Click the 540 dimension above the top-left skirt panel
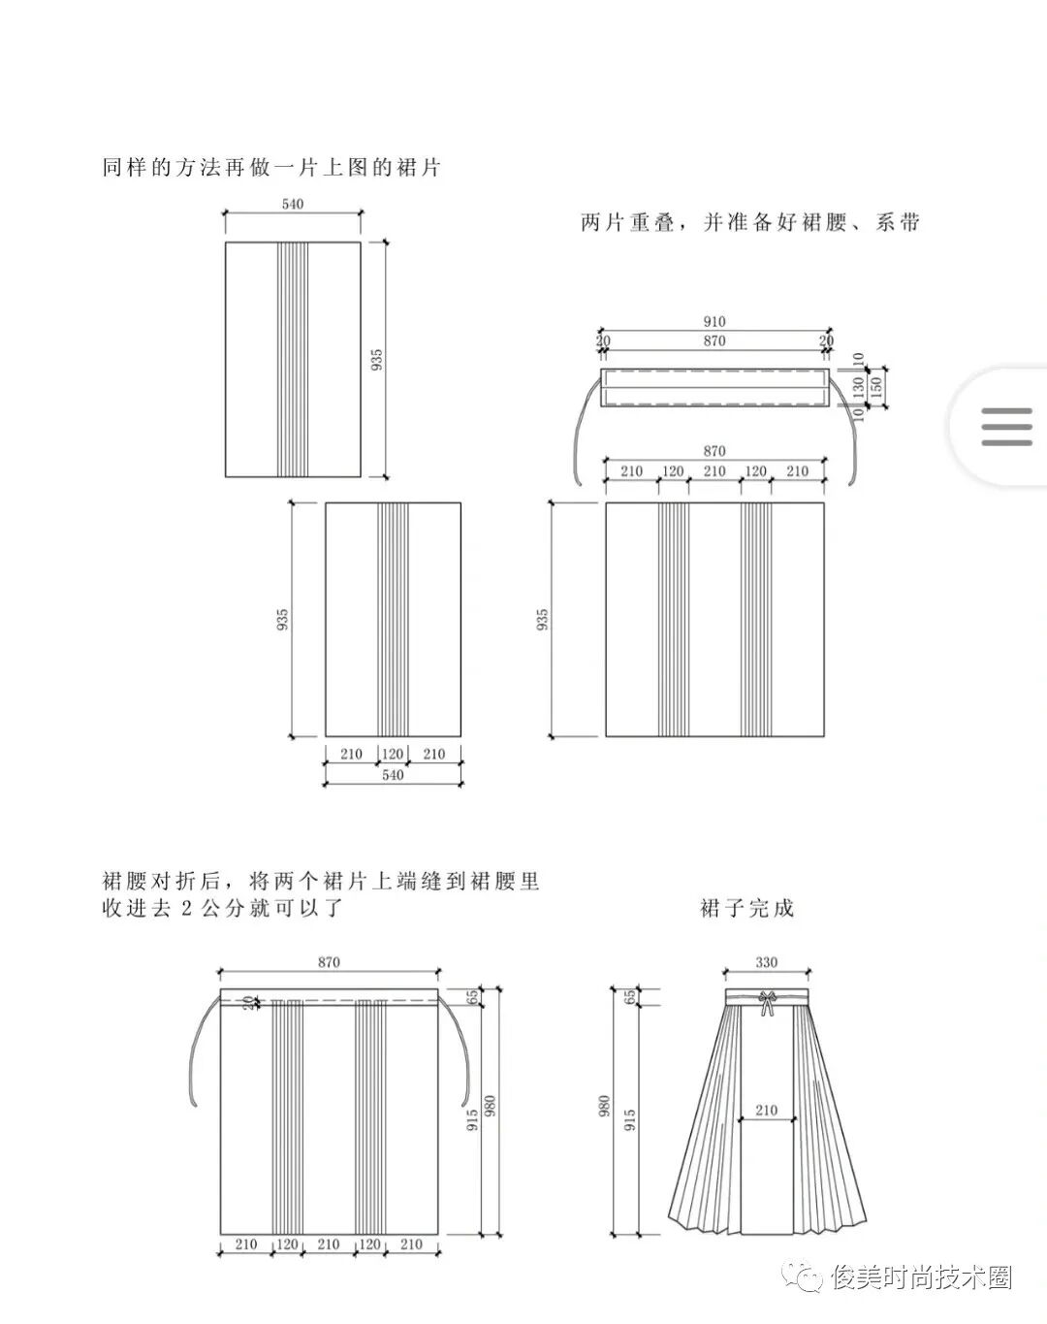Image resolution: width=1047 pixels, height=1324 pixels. point(292,204)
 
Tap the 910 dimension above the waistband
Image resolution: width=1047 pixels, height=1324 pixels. point(714,322)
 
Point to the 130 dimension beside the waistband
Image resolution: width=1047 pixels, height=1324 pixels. point(857,386)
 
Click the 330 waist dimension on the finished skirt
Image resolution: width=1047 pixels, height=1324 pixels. point(766,963)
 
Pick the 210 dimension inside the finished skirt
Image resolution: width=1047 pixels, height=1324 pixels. point(766,1110)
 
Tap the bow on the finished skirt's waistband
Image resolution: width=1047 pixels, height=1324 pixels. point(767,1002)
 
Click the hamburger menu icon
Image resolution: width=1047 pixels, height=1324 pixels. point(1006,427)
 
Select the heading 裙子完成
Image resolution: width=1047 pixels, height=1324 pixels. point(746,909)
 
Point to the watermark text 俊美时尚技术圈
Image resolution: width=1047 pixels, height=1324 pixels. point(921,1277)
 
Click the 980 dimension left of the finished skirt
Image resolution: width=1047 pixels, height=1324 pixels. point(604,1108)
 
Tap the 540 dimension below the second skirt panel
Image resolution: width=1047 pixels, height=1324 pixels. point(392,775)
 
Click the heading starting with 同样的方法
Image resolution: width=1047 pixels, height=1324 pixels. point(271,168)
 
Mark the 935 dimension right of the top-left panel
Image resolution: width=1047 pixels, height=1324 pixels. point(377,359)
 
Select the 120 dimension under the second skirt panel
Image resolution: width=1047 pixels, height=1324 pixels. point(392,754)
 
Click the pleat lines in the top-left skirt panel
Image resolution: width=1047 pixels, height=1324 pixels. point(293,359)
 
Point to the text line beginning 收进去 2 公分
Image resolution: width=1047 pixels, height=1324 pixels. point(223,909)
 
